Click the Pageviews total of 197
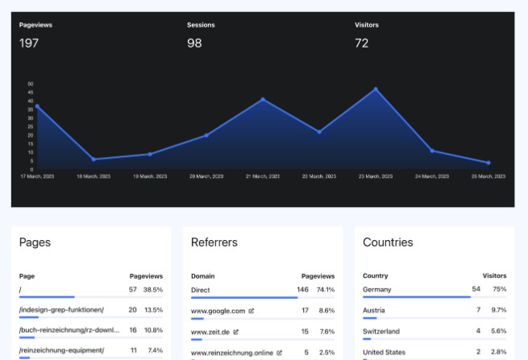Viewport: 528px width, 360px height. pos(29,43)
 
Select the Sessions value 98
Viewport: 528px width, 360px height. pos(194,43)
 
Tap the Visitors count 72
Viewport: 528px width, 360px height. pos(362,43)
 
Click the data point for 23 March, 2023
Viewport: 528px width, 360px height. pos(376,89)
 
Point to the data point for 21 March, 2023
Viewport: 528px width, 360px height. pos(263,100)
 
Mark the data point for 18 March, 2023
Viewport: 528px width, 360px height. pos(94,159)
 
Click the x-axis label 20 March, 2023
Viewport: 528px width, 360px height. pos(206,176)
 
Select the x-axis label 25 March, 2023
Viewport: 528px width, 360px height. pos(489,176)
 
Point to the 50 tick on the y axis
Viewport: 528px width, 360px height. pos(31,84)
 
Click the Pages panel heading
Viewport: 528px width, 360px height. pos(35,242)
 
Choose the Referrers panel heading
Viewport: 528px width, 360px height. pos(214,242)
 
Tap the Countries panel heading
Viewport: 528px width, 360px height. pos(388,242)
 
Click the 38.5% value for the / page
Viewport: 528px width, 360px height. pos(153,289)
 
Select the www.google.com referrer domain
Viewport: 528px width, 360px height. pos(218,310)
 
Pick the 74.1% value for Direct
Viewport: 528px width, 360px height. pos(326,289)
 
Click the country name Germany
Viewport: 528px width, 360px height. pos(376,289)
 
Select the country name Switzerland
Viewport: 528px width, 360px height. pos(381,331)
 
